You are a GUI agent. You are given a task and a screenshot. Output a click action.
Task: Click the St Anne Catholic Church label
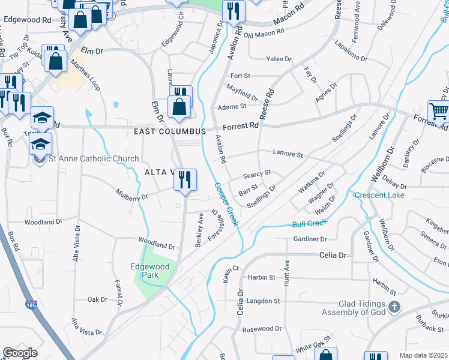pyautogui.click(x=94, y=159)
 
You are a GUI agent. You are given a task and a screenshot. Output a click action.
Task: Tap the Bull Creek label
pyautogui.click(x=309, y=224)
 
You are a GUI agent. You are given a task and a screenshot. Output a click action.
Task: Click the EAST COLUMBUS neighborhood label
pyautogui.click(x=170, y=131)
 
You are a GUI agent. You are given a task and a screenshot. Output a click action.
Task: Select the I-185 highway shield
pyautogui.click(x=29, y=305)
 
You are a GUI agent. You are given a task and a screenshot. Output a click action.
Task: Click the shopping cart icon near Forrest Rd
pyautogui.click(x=438, y=112)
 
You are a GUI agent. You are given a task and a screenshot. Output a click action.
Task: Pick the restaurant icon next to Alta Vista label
pyautogui.click(x=185, y=179)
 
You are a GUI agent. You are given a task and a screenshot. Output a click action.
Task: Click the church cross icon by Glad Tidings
pyautogui.click(x=394, y=308)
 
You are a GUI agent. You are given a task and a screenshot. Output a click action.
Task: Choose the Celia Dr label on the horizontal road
pyautogui.click(x=334, y=255)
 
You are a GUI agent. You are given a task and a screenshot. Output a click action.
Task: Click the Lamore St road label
pyautogui.click(x=288, y=154)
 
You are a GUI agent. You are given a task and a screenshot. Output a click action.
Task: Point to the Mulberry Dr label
pyautogui.click(x=133, y=196)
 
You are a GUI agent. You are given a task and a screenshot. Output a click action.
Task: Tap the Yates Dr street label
pyautogui.click(x=279, y=59)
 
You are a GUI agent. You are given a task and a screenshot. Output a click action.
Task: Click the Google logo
pyautogui.click(x=20, y=353)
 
